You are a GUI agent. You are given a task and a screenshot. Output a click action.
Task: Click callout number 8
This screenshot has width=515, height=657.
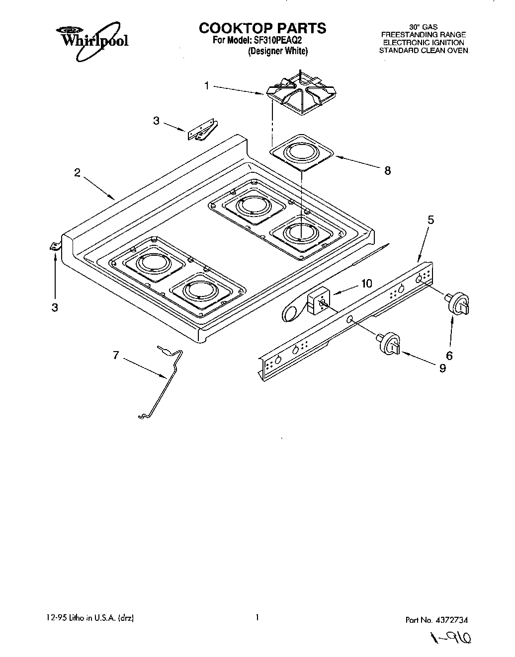point(387,171)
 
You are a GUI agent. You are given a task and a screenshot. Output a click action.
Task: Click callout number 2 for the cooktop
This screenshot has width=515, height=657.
point(77,173)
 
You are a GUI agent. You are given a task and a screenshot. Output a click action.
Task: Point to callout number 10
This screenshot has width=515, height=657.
point(366,284)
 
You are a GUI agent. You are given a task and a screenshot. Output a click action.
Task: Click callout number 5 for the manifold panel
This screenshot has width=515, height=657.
point(430,219)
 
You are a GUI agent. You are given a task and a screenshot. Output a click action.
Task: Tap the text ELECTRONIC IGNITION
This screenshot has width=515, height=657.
point(423,43)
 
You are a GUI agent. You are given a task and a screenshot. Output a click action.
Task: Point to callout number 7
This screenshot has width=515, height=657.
point(115,355)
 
